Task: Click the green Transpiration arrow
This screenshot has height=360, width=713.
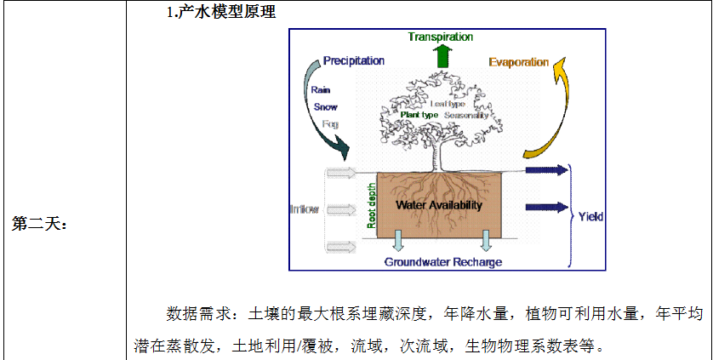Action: [x=441, y=55]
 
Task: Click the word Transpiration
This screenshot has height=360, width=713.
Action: [x=440, y=37]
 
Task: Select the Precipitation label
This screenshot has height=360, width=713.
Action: [x=353, y=60]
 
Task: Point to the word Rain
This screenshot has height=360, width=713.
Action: [x=321, y=89]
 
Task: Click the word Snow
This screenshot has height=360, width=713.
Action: [x=325, y=106]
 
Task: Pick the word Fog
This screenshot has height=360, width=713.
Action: [x=330, y=124]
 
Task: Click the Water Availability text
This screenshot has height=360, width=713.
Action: [x=439, y=205]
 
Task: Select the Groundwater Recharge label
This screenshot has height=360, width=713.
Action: [x=442, y=262]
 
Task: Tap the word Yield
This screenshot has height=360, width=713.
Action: [x=590, y=217]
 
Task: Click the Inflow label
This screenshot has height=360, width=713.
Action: [x=304, y=209]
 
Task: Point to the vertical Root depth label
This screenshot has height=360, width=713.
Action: [x=371, y=204]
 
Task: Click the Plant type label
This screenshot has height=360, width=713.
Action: [x=419, y=114]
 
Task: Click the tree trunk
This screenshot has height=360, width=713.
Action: [x=440, y=153]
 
